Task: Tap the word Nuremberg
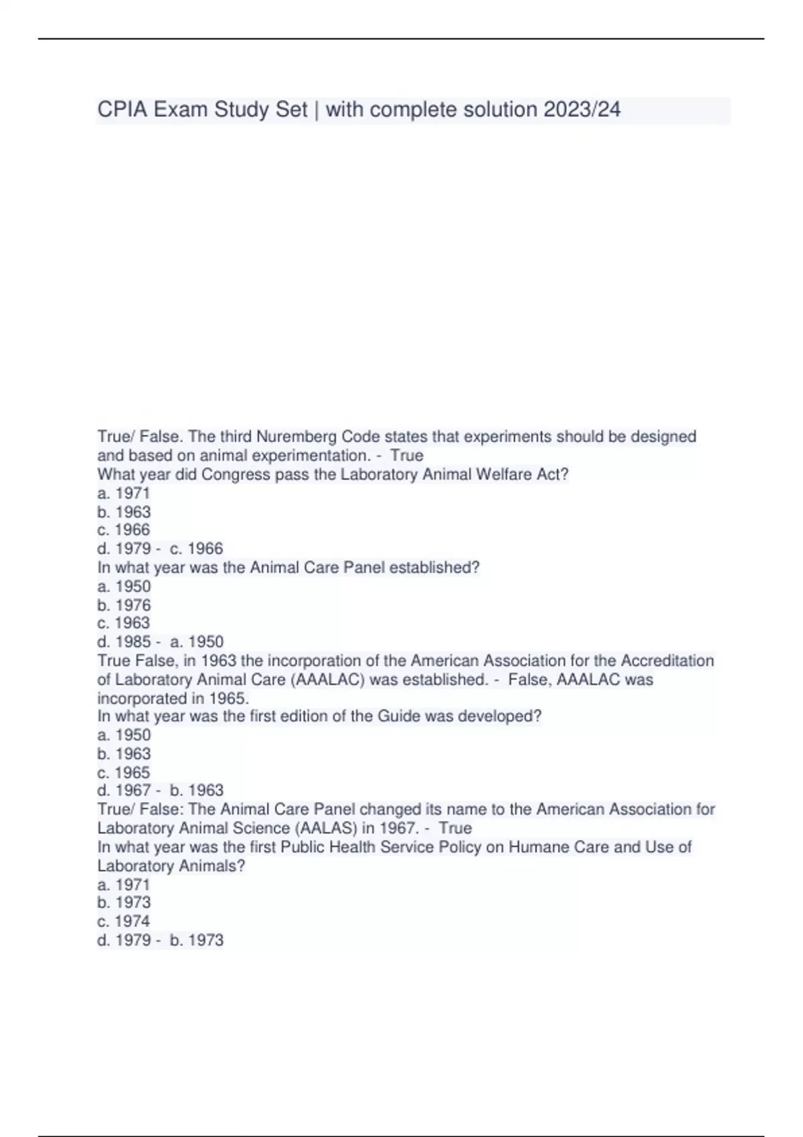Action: click(296, 437)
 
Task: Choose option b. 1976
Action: click(124, 605)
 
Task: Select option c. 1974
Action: click(124, 921)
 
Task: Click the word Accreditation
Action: click(667, 661)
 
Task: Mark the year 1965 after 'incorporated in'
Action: click(228, 698)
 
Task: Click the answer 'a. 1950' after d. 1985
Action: click(197, 642)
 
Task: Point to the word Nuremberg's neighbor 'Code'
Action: click(361, 437)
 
